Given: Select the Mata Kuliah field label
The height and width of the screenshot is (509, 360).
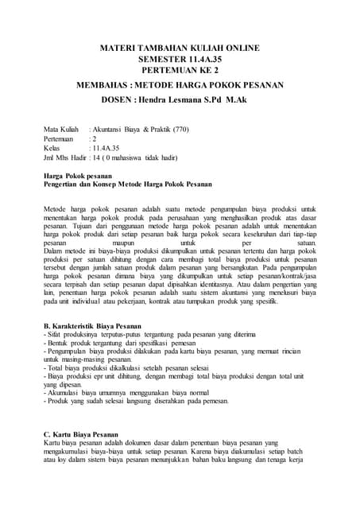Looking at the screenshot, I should click(61, 127).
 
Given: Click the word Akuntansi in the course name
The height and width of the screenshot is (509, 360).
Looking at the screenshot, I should click(111, 127).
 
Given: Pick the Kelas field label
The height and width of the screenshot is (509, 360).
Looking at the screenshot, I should click(52, 148).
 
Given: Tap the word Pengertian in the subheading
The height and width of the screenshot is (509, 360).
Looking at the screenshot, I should click(61, 185).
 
